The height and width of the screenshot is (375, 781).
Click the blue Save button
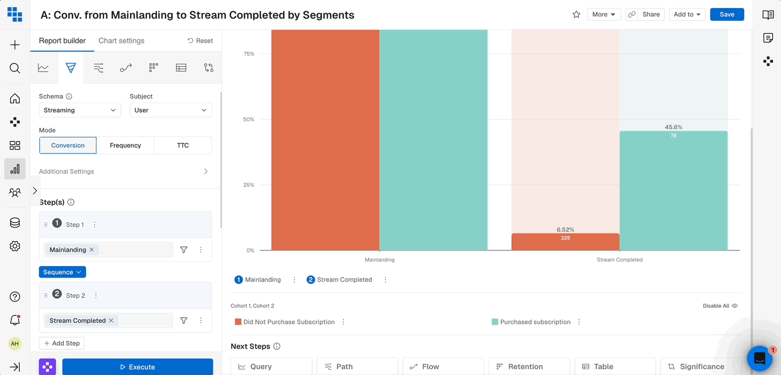(x=727, y=14)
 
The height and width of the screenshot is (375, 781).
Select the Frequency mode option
(x=125, y=145)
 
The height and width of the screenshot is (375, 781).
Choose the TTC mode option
(x=183, y=145)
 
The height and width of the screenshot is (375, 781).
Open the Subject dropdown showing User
(x=170, y=110)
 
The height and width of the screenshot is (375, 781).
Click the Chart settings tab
(x=121, y=41)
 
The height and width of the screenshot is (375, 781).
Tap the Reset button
(x=200, y=41)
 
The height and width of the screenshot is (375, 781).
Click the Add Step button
(x=62, y=344)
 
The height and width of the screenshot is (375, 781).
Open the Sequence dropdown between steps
(x=62, y=272)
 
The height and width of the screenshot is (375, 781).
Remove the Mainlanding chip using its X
(x=92, y=250)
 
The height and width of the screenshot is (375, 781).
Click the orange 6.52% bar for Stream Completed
(x=565, y=242)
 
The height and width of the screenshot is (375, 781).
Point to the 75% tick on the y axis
(x=248, y=54)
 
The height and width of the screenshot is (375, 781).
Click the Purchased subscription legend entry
(x=535, y=322)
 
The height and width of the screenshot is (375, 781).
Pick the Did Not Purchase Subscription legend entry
(x=289, y=322)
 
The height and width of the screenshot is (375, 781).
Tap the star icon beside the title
(x=576, y=14)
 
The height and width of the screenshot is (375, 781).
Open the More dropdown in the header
(x=604, y=14)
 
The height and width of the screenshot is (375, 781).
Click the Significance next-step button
(x=701, y=366)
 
